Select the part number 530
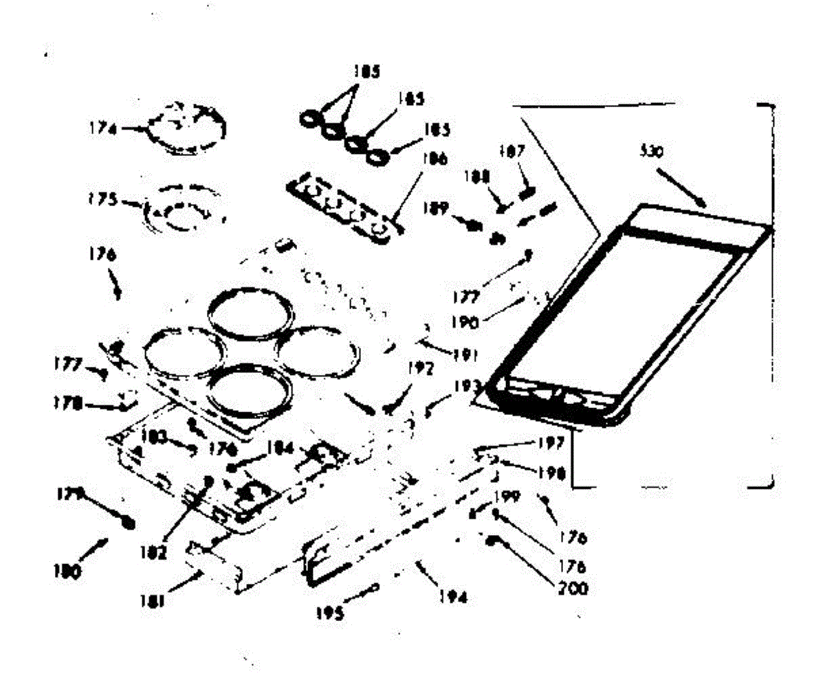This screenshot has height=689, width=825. coord(650,153)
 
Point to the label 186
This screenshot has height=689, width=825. coord(435,159)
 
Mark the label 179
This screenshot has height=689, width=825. coord(71,493)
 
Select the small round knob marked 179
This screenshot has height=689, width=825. coord(127,523)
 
